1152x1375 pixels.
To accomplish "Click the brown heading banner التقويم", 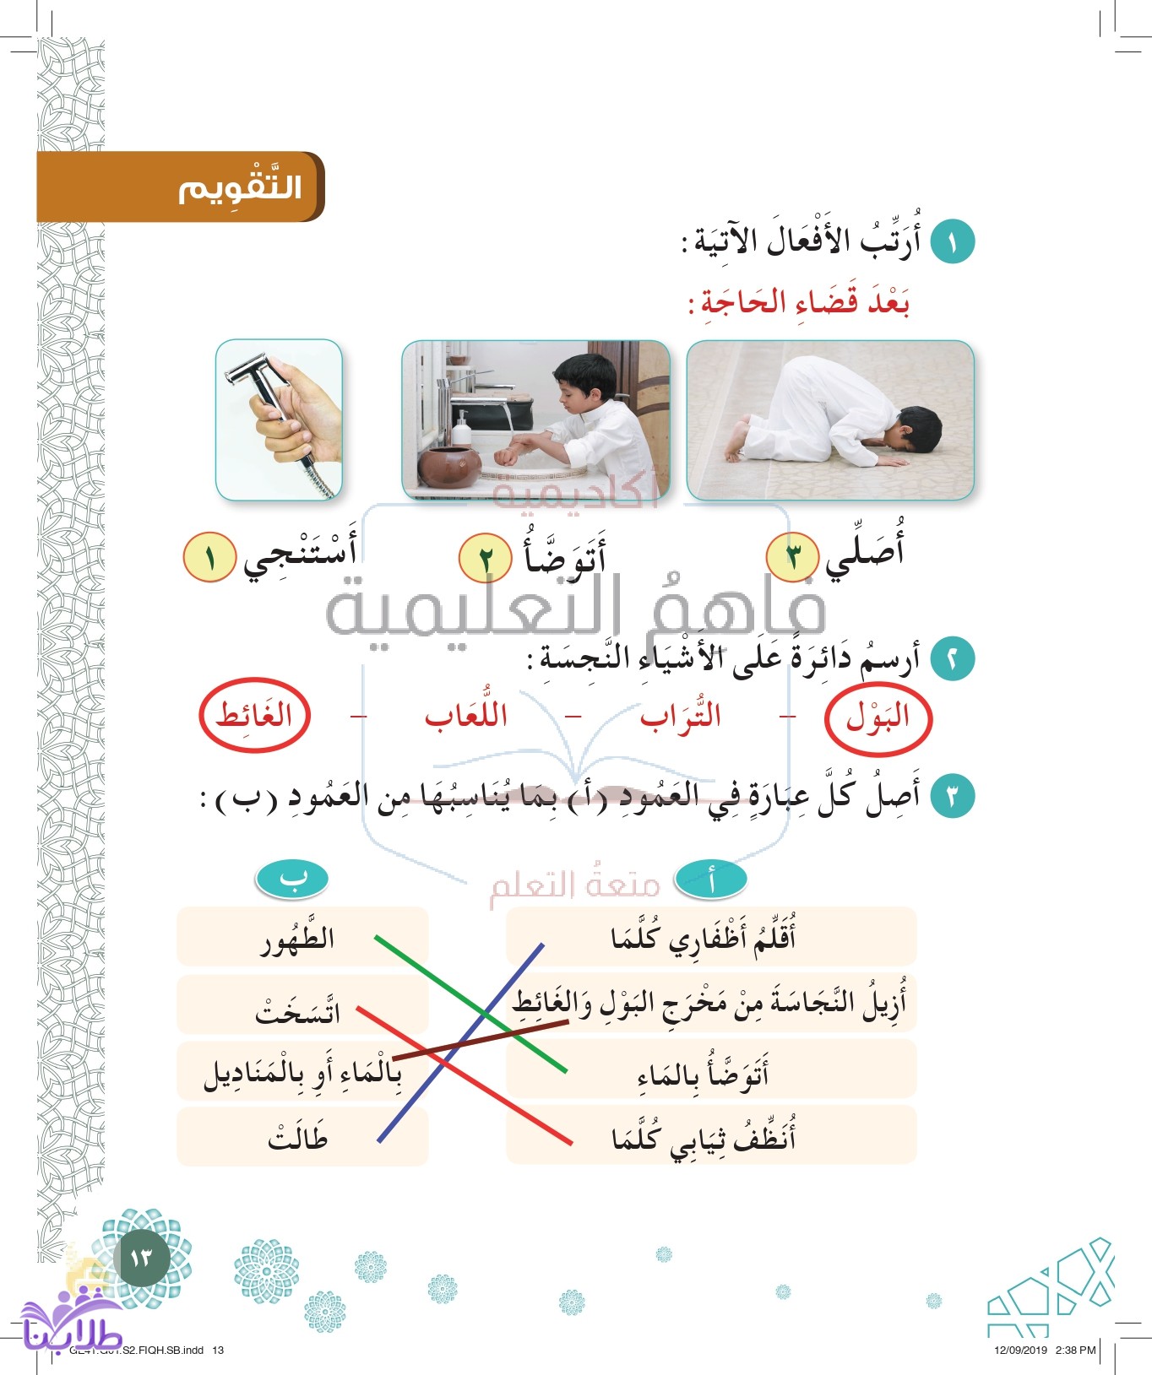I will point(181,187).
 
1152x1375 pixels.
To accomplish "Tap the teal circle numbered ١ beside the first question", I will point(952,241).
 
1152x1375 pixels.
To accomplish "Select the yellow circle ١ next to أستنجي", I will point(209,558).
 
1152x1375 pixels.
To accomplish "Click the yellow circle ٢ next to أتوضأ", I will point(485,558).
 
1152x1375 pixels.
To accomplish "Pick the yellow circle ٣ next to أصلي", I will point(791,556).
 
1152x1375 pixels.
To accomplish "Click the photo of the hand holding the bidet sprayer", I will point(280,420).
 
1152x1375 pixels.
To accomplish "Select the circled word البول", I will point(878,718).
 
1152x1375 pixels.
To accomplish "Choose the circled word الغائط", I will point(254,716).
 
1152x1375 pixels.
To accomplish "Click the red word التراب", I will point(681,717).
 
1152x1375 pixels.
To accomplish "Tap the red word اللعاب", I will point(466,717).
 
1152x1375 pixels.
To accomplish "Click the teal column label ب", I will point(291,880).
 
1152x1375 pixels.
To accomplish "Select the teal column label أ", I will point(710,880).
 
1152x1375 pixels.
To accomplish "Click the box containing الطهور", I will point(302,937).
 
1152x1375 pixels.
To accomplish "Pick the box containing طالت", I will point(302,1137).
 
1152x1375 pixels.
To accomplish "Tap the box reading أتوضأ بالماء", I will point(710,1071).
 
